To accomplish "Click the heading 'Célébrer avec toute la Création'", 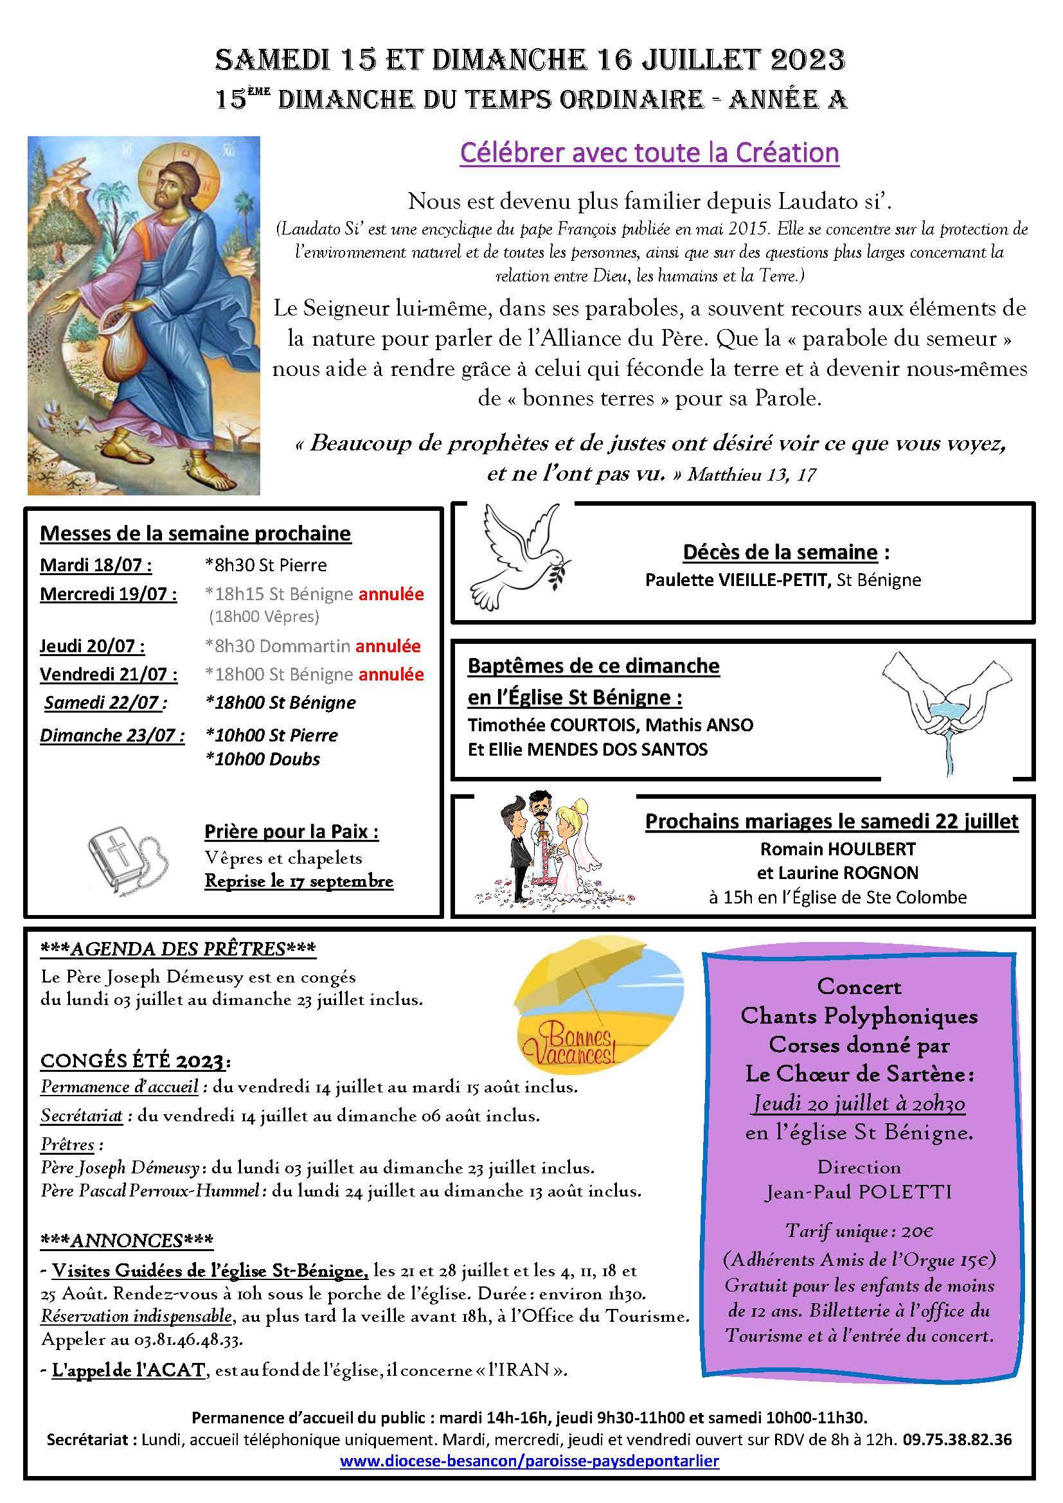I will (648, 152).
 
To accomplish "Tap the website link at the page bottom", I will (530, 1461).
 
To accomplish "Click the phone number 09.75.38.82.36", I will (957, 1439).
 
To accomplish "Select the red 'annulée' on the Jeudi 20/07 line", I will (388, 646).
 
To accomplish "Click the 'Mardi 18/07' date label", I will (96, 565).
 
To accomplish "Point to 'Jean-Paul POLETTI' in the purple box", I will (859, 1192).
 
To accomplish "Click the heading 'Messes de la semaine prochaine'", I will (195, 533).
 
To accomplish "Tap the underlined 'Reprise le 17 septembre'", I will (298, 881).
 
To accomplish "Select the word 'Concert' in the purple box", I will (859, 986).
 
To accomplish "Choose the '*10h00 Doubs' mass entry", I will (262, 760).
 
